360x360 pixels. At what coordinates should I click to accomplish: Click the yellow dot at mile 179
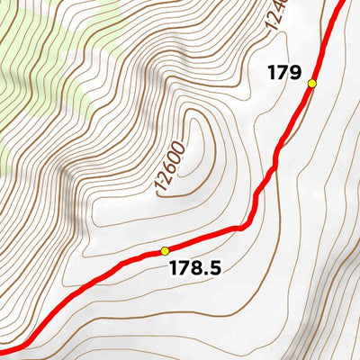[312, 84]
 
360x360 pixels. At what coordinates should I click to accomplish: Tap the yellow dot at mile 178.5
[165, 251]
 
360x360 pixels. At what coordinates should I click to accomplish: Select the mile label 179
[283, 73]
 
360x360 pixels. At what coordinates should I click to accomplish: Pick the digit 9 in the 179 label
[294, 73]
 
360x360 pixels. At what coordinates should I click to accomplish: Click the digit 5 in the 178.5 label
[215, 267]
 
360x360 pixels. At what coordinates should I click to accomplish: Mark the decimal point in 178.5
[207, 273]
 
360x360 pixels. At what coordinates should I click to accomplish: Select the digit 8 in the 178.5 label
[198, 267]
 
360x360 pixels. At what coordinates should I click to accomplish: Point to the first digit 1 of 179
[272, 73]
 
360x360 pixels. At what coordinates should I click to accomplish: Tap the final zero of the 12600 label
[180, 147]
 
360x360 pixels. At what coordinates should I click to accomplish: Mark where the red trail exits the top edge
[343, 3]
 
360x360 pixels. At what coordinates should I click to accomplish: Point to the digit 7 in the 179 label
[283, 73]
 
